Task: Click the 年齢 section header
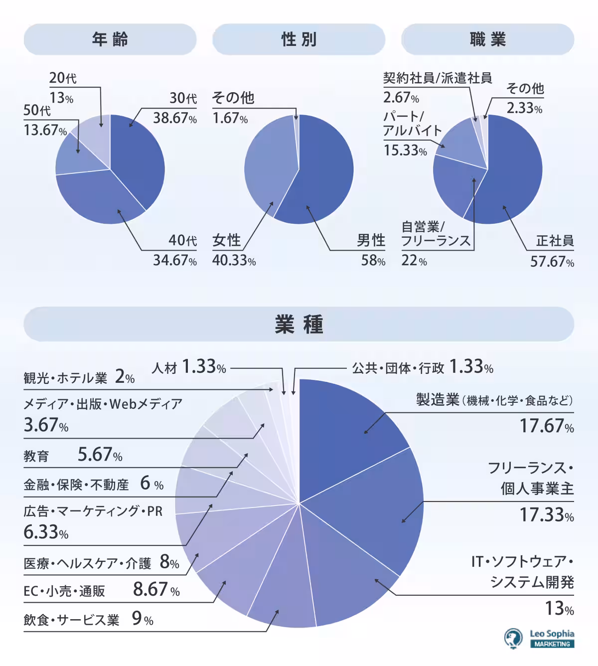(110, 39)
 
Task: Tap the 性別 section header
(299, 39)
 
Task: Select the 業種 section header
(299, 325)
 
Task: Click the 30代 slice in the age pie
(140, 160)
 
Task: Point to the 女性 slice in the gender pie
(267, 169)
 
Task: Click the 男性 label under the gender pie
(371, 240)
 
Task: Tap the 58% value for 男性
(373, 260)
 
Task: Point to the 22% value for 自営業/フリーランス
(414, 260)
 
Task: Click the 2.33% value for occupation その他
(524, 108)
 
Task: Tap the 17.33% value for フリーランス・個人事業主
(546, 514)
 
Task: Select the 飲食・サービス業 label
(71, 620)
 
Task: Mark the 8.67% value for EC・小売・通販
(156, 590)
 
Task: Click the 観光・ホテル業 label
(65, 378)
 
